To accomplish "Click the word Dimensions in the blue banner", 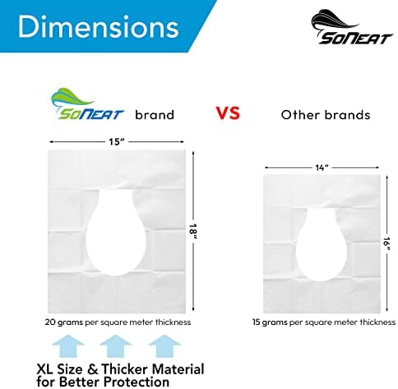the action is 99,27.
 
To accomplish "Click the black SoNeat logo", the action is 352,27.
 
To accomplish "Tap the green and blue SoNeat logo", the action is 88,104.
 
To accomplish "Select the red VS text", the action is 228,113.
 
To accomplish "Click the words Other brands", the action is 326,115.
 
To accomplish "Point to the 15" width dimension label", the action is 117,142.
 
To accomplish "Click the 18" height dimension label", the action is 193,232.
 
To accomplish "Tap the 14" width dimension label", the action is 322,167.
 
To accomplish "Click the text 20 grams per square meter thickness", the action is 118,323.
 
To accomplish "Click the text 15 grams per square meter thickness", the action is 324,323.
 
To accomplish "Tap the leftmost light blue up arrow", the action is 68,346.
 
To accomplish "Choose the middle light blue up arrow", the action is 115,346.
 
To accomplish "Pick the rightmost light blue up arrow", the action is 164,346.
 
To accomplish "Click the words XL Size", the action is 59,369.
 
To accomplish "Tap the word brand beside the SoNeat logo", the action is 155,115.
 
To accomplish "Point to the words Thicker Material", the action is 153,369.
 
